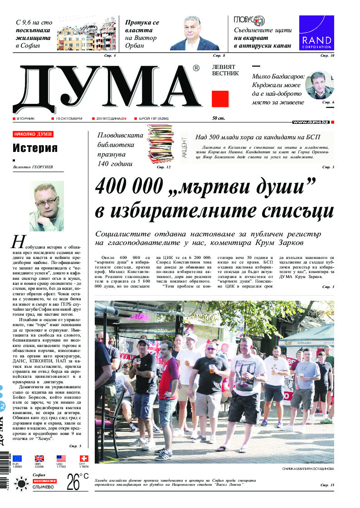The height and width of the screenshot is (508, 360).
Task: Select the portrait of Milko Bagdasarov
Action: (x=318, y=85)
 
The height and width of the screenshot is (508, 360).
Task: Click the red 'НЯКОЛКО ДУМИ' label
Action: (x=33, y=134)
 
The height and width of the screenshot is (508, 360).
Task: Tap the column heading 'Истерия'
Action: (x=35, y=148)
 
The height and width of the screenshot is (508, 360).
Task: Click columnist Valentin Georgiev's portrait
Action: (x=46, y=206)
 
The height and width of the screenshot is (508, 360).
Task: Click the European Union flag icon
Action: (x=17, y=459)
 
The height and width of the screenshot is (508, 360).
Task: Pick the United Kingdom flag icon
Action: (x=39, y=459)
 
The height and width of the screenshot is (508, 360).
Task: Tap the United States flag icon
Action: (x=61, y=459)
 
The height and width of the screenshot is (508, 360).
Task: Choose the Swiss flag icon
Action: (x=84, y=459)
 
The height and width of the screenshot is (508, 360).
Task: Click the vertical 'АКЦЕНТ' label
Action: (x=185, y=147)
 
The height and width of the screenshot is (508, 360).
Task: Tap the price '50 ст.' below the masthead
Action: (x=219, y=118)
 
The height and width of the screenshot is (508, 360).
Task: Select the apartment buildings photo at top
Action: (x=86, y=34)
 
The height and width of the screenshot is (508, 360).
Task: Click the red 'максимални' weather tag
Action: (x=44, y=481)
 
